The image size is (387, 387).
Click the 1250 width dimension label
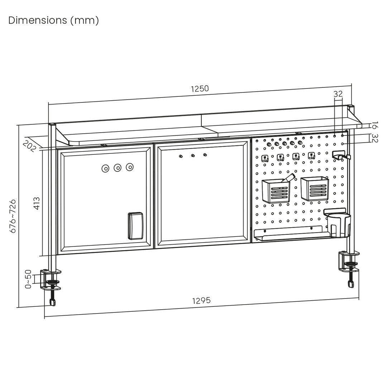point(200,89)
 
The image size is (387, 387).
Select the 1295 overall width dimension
point(201,300)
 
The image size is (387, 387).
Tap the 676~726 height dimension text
point(13,216)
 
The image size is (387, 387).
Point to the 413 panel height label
point(37,203)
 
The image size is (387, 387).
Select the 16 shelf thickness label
point(374,126)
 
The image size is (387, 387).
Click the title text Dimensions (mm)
point(53,20)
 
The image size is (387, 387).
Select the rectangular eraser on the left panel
point(135,225)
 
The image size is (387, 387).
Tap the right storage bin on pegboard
point(314,188)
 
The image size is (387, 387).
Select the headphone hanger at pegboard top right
point(340,155)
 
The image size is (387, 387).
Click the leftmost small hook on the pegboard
point(265,158)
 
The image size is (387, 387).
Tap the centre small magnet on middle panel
point(193,156)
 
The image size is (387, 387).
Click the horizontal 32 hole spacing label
point(338,94)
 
